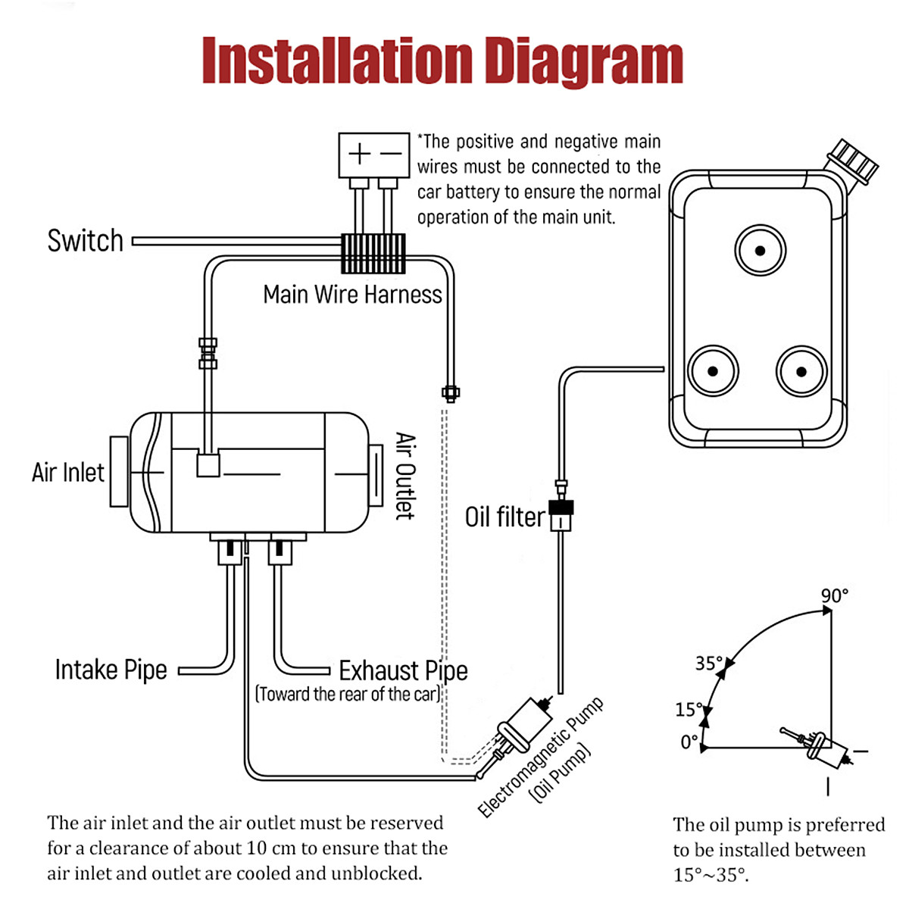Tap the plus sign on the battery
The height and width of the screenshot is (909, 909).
[359, 155]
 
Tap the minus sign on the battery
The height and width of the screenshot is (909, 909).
[391, 155]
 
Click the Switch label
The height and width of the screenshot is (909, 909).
[85, 241]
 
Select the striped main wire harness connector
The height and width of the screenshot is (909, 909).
[373, 253]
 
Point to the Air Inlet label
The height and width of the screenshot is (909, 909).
[68, 473]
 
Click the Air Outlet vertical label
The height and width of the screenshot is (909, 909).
[405, 476]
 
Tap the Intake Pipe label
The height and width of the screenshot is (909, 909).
[111, 670]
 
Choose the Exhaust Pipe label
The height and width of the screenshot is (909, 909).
[403, 670]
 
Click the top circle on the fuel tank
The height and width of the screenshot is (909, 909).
[760, 251]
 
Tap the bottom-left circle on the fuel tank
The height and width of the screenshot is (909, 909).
[713, 371]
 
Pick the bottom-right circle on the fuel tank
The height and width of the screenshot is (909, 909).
[801, 371]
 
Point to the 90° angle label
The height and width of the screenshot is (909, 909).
[835, 596]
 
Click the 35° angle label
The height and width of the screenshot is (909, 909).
[709, 664]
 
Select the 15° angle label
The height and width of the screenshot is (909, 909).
[689, 710]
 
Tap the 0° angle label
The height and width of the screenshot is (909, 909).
[689, 742]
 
